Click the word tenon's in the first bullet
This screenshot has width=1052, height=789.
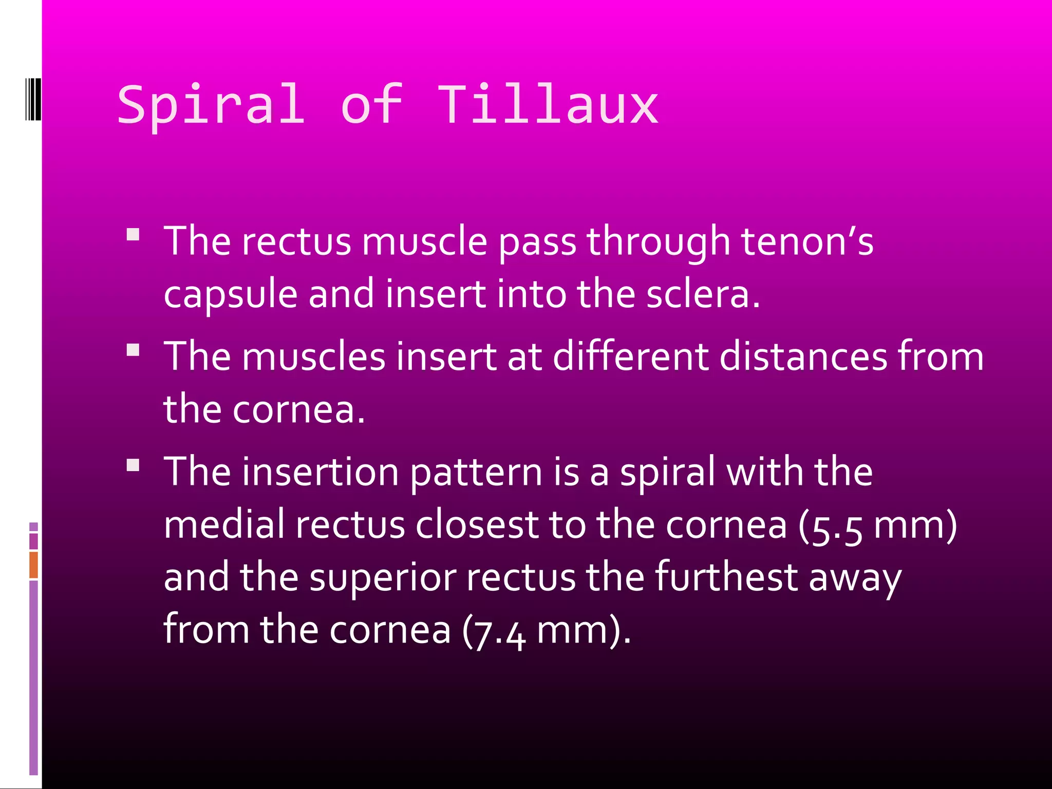point(807,241)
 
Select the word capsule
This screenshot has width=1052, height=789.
point(231,295)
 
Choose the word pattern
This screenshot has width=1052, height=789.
point(476,472)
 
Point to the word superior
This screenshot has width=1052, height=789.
point(383,578)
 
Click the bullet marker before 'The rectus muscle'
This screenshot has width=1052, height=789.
point(133,235)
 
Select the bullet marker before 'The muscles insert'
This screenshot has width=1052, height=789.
point(133,350)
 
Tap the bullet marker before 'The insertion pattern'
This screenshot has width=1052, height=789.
point(133,465)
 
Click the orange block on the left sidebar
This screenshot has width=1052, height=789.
point(33,565)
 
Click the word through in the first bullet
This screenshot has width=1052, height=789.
point(658,241)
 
